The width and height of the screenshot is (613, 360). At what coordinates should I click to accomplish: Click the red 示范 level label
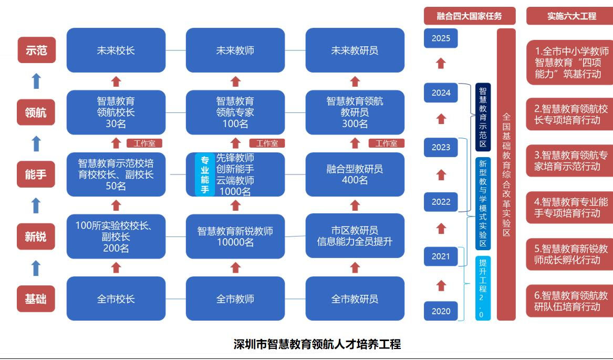pyautogui.click(x=36, y=50)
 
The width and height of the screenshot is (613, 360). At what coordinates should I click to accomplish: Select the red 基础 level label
pyautogui.click(x=36, y=299)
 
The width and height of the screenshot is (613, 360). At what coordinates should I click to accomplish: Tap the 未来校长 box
pyautogui.click(x=116, y=50)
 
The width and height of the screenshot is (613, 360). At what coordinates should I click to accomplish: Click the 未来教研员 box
pyautogui.click(x=355, y=50)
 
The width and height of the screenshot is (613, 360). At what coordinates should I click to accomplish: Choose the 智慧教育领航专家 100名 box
pyautogui.click(x=235, y=112)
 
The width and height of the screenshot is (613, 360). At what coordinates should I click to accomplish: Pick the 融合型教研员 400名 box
pyautogui.click(x=355, y=174)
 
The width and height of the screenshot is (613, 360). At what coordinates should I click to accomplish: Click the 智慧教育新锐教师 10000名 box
pyautogui.click(x=235, y=236)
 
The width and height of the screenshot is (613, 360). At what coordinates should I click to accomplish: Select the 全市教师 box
pyautogui.click(x=235, y=299)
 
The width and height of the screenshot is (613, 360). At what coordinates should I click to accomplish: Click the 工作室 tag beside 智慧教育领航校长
pyautogui.click(x=144, y=143)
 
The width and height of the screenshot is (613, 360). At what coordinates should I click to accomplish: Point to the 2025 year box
pyautogui.click(x=441, y=38)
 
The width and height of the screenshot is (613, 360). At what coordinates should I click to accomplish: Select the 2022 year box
pyautogui.click(x=441, y=202)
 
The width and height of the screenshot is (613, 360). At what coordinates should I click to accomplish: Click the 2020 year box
pyautogui.click(x=441, y=311)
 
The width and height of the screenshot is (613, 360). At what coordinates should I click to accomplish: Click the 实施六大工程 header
pyautogui.click(x=572, y=16)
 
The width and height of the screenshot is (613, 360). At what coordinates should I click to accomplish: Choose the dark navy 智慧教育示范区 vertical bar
pyautogui.click(x=483, y=117)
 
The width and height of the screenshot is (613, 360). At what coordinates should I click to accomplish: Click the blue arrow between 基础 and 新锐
pyautogui.click(x=36, y=268)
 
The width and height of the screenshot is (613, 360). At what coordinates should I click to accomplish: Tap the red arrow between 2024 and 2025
pyautogui.click(x=441, y=64)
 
